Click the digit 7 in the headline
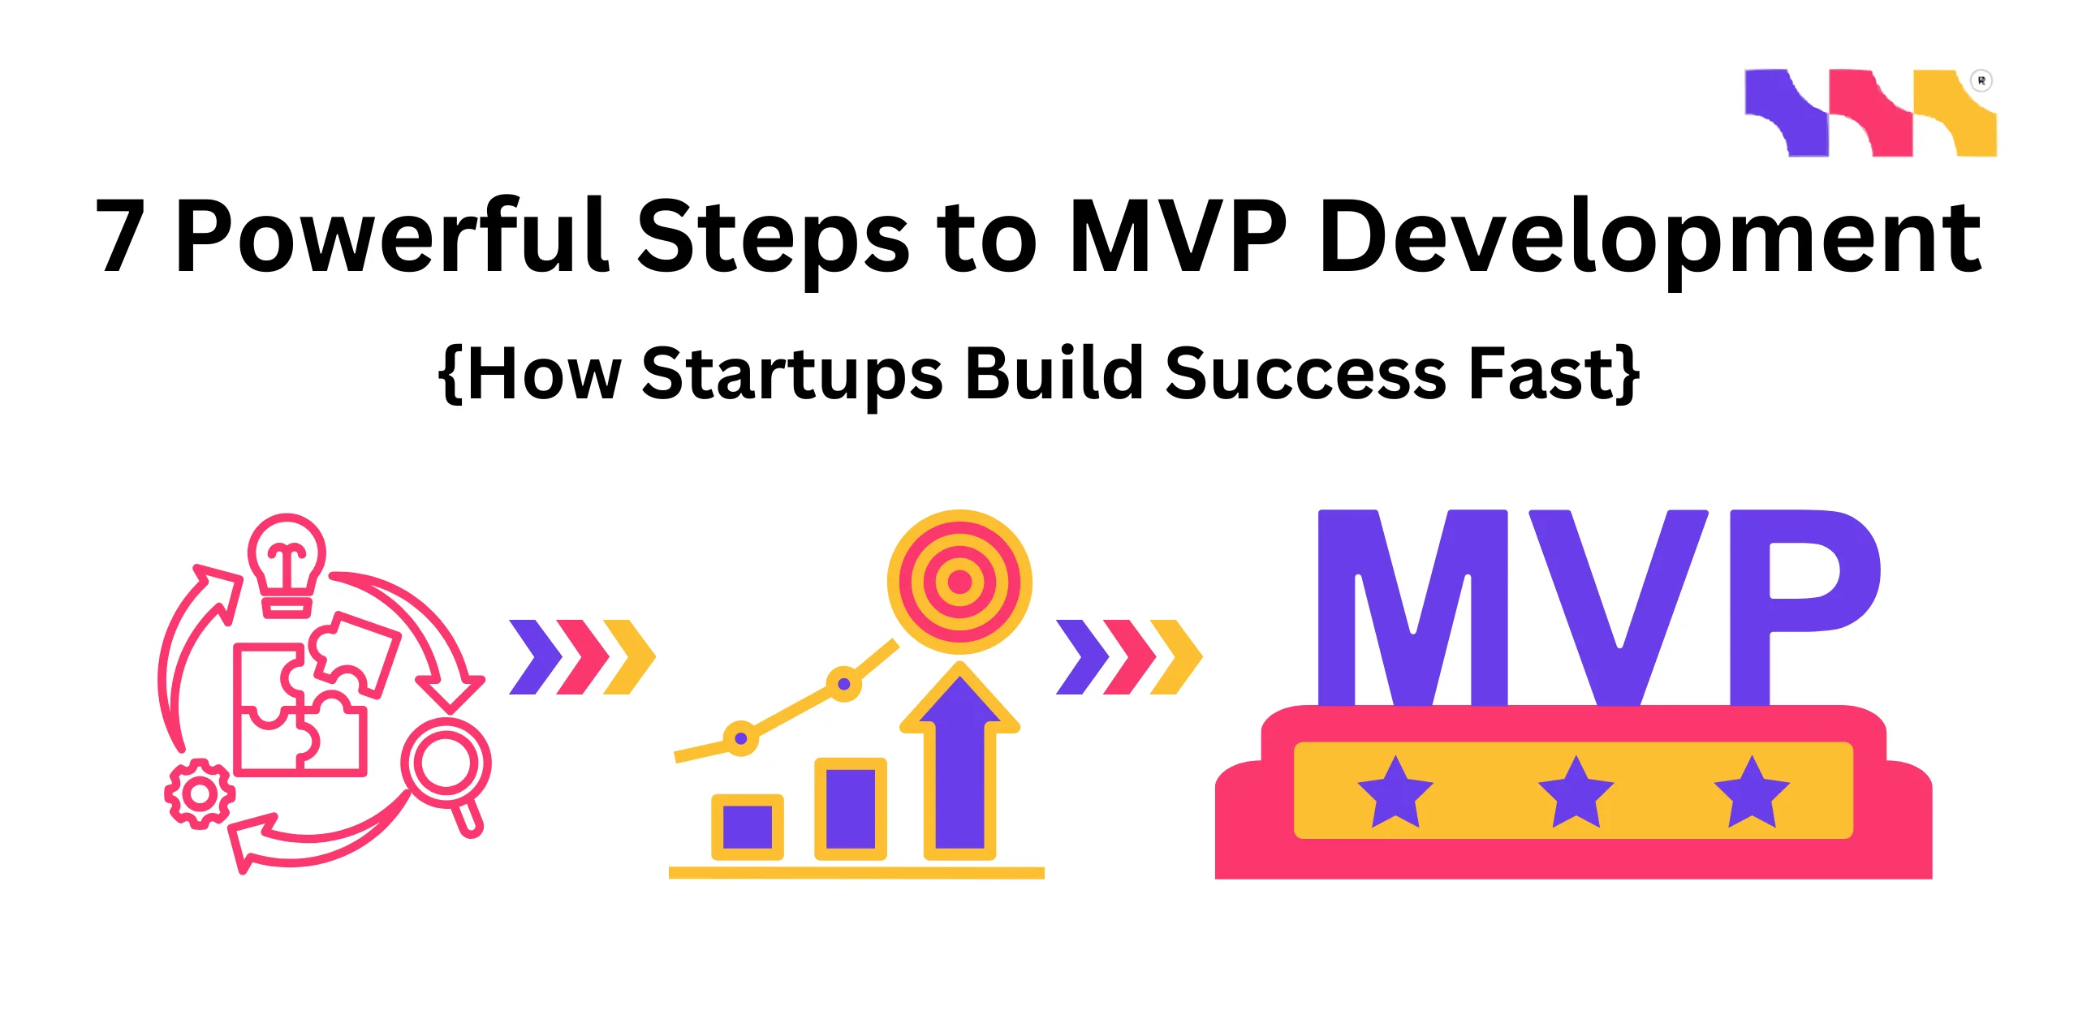pos(122,237)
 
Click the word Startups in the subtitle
pos(791,375)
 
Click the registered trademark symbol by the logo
pos(1981,81)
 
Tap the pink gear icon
pos(199,793)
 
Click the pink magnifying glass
pos(446,767)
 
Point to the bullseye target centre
pos(959,581)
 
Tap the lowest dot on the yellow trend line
pos(740,738)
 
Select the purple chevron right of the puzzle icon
pos(536,657)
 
